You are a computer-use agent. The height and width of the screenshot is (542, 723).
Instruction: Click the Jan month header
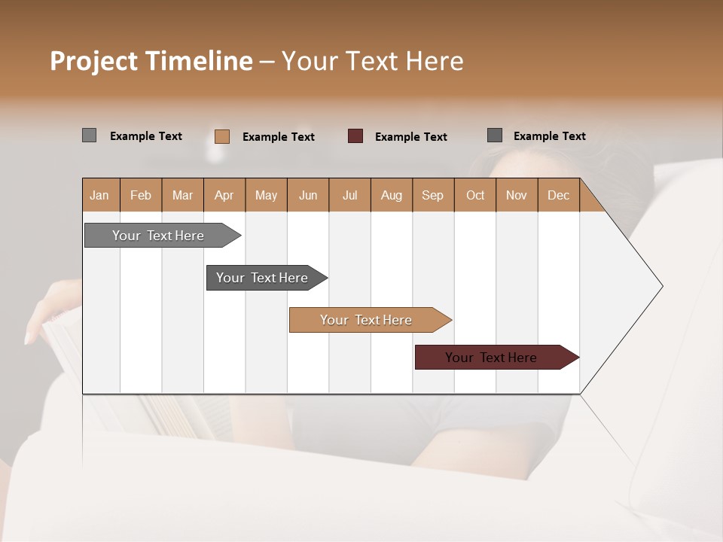[x=100, y=195]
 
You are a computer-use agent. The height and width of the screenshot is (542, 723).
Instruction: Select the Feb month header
[x=141, y=195]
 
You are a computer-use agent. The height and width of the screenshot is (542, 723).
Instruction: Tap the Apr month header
[x=224, y=195]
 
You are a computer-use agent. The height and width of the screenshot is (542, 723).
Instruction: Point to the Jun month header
[x=308, y=195]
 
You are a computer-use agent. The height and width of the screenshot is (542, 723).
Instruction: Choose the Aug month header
[x=392, y=195]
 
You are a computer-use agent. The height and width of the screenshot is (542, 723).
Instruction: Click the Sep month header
[x=433, y=195]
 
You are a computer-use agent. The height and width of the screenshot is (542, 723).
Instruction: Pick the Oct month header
[x=475, y=195]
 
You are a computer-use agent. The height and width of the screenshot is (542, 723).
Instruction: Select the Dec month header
[x=559, y=195]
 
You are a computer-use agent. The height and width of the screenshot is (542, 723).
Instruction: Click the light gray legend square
[x=90, y=135]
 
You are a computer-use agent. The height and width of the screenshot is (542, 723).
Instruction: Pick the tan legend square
[x=222, y=136]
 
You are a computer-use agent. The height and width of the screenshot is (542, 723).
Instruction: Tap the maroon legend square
[x=355, y=136]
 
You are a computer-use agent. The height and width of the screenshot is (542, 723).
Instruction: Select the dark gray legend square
[x=495, y=135]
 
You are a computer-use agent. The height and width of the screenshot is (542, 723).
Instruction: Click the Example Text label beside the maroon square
[x=411, y=137]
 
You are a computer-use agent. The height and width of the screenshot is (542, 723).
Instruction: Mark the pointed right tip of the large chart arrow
[x=661, y=286]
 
